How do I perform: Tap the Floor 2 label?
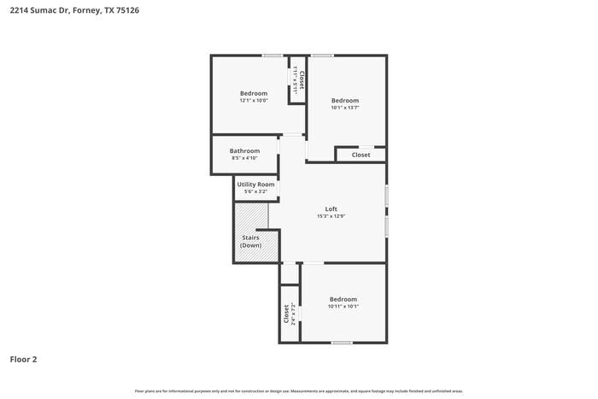[24, 359]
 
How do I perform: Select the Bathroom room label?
[243, 150]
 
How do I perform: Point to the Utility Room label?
[255, 185]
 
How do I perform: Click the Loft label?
[331, 208]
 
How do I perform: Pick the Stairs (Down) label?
[250, 241]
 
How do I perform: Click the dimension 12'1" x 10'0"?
[253, 101]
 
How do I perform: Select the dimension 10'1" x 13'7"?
[345, 108]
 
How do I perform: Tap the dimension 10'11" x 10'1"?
[343, 307]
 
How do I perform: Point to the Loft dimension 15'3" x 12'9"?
[331, 216]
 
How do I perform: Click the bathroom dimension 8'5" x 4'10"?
[243, 158]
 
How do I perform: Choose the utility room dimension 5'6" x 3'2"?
[255, 191]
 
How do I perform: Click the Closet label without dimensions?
[361, 155]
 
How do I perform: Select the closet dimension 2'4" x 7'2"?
[293, 313]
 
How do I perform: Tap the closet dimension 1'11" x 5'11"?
[295, 79]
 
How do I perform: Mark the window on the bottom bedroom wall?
[342, 343]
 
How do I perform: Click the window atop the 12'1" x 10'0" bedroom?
[273, 56]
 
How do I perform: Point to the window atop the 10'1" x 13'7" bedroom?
[322, 56]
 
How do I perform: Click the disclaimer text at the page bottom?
[299, 390]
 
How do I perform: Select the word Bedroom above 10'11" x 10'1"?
[343, 299]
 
